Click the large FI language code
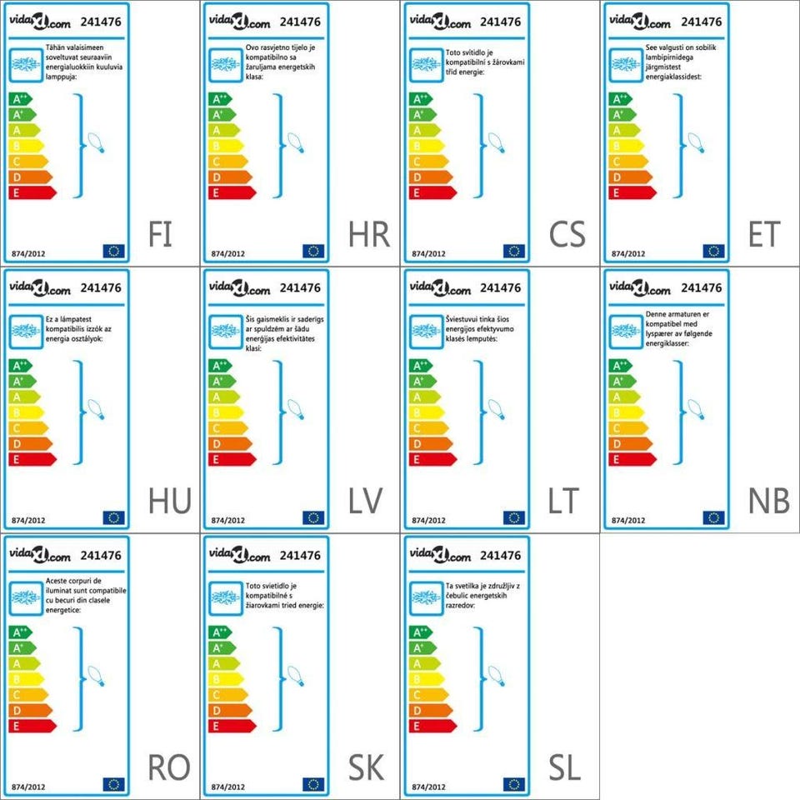[x=160, y=235]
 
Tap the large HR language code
[x=369, y=235]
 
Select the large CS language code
[x=567, y=235]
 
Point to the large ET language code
[x=763, y=235]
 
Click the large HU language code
[x=170, y=502]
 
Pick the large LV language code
[x=365, y=502]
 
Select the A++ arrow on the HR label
[x=220, y=99]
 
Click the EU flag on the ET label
[x=713, y=251]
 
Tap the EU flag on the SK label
[x=313, y=784]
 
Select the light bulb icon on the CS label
[x=497, y=142]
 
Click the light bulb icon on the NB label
[x=696, y=409]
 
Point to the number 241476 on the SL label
[x=501, y=555]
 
